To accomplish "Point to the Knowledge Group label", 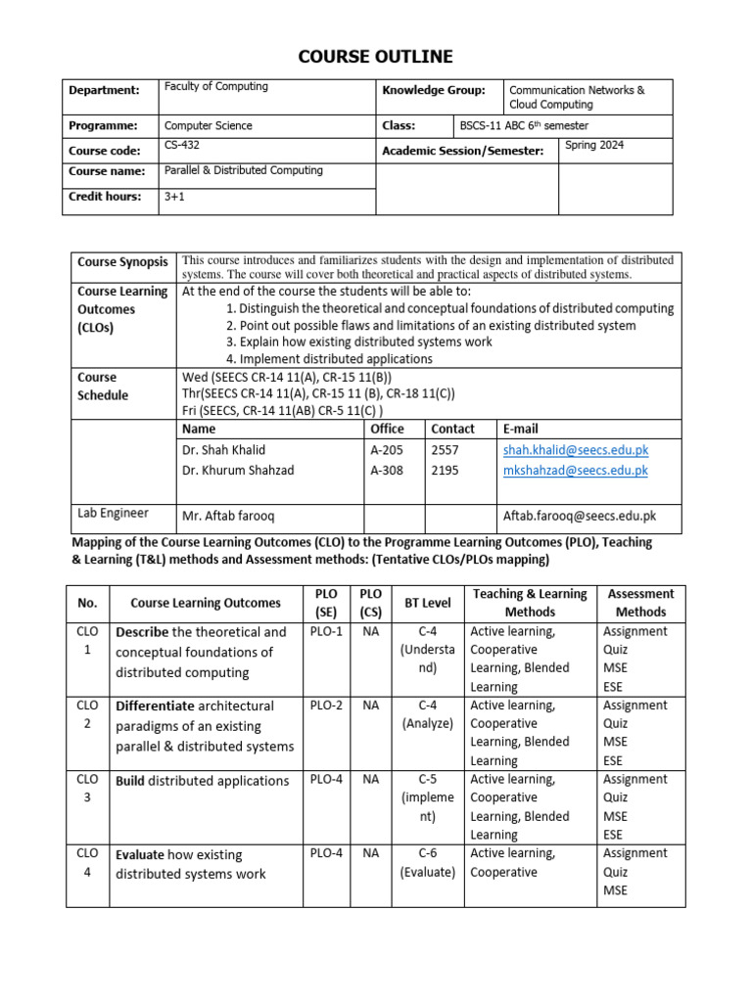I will [x=433, y=90].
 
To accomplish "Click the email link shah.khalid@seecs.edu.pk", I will [x=576, y=450].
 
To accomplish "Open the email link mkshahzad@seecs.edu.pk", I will [x=576, y=471].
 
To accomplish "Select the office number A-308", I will [x=388, y=471].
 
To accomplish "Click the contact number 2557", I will [x=445, y=450].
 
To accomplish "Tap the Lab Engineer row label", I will [x=113, y=513].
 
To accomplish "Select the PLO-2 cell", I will [x=326, y=706].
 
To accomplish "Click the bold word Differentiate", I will [x=154, y=706].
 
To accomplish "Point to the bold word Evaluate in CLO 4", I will [x=140, y=853].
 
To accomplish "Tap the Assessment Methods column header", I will [x=640, y=603].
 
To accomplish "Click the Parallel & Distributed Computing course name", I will [x=243, y=171].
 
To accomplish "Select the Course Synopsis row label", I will [x=122, y=262].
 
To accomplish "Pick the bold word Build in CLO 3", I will [x=130, y=781].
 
